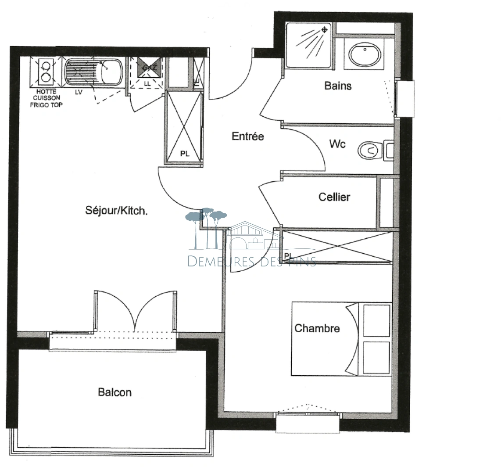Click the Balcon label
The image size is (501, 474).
pos(115,392)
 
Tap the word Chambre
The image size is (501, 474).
pos(317,328)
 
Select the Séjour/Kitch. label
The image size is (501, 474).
pos(116,211)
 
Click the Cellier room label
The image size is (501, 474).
pos(334,197)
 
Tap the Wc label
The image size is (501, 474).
pos(337,144)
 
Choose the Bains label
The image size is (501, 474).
pos(338,86)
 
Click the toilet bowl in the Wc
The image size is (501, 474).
pos(369,151)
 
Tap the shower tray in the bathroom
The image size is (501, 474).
pos(309,46)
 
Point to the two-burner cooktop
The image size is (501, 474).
pos(45,72)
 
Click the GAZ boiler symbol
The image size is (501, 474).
pos(147,67)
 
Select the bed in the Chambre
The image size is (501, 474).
pos(341,338)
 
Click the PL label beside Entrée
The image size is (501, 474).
pos(185,154)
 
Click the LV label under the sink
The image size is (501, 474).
pos(79,92)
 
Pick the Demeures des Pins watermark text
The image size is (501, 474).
pos(251,262)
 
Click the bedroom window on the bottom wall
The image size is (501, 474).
pos(308,414)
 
